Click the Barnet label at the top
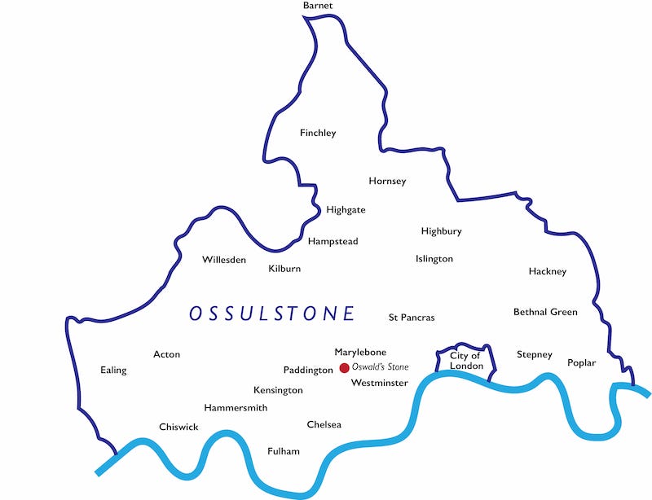click(x=318, y=6)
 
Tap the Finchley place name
click(x=318, y=133)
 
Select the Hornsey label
click(x=387, y=181)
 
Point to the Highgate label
click(x=346, y=210)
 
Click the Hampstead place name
click(x=333, y=242)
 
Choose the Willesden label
click(x=224, y=260)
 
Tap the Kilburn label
click(x=284, y=269)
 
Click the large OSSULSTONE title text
click(x=272, y=314)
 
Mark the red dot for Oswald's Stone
click(x=344, y=368)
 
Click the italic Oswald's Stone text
click(x=381, y=368)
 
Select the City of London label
click(x=465, y=361)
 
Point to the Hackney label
click(x=547, y=271)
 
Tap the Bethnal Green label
click(x=545, y=312)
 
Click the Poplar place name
click(x=581, y=362)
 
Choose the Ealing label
click(x=113, y=371)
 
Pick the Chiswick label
click(x=178, y=428)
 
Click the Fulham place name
click(x=284, y=451)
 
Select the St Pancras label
click(x=412, y=317)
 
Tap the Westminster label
click(x=379, y=383)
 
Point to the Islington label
click(x=434, y=259)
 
